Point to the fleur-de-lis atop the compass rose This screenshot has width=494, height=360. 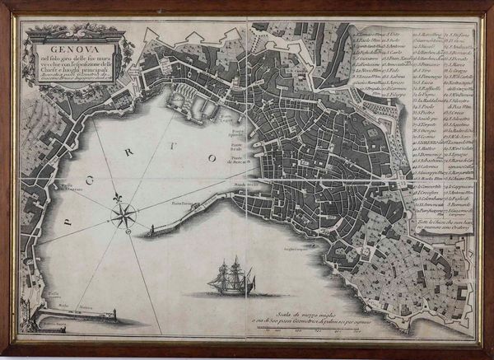[118, 200]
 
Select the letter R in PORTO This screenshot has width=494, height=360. [154, 143]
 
